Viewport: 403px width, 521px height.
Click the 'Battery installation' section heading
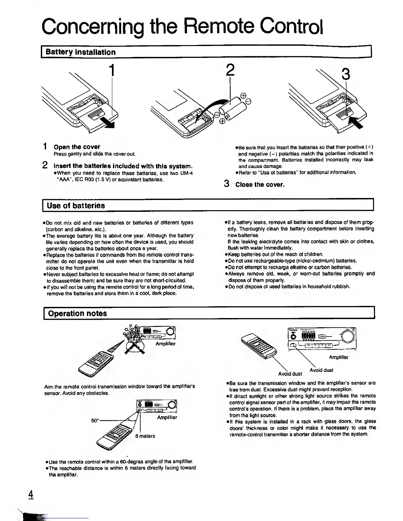[81, 52]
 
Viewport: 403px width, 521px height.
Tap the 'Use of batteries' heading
[76, 206]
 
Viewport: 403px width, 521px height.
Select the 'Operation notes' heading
[77, 313]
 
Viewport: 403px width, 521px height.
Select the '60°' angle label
[95, 421]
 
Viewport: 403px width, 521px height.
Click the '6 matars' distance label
[145, 436]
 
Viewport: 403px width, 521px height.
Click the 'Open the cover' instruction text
[77, 147]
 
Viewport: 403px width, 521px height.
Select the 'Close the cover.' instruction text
[260, 185]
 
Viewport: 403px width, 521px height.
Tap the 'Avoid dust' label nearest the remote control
[290, 374]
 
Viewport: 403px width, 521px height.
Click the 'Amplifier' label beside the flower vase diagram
[166, 344]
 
